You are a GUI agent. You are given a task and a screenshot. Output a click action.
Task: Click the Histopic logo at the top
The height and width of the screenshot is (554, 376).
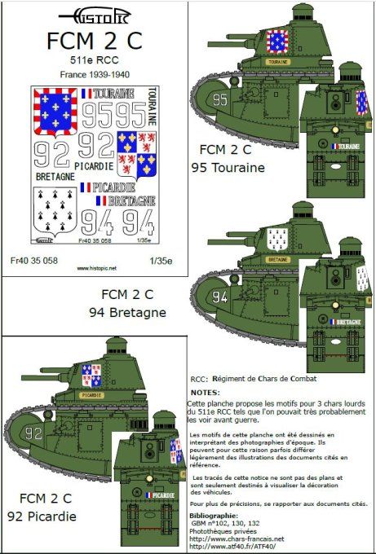tap(95, 15)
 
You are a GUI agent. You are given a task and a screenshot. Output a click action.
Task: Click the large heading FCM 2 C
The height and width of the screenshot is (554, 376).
tap(95, 40)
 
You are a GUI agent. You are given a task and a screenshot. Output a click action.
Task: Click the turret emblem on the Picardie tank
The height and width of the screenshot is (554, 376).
tap(91, 375)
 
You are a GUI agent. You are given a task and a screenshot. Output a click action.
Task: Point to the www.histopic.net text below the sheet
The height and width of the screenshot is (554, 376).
tap(97, 267)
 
